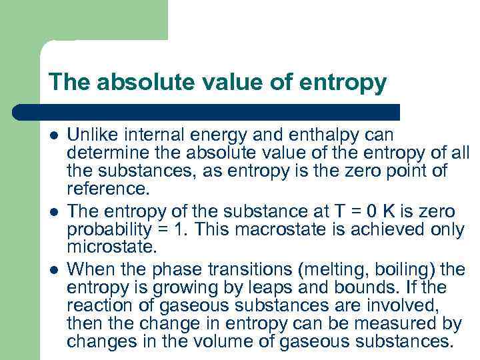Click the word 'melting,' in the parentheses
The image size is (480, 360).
click(x=312, y=269)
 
